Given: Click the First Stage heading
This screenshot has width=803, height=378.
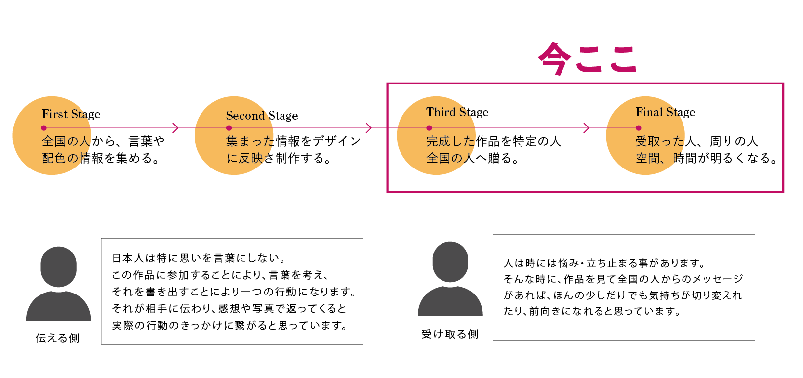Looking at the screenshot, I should tap(71, 114).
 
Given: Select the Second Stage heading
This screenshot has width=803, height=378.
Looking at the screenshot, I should tap(262, 116).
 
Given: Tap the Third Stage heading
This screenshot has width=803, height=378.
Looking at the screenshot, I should tap(457, 112).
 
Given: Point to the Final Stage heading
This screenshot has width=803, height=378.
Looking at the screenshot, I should tap(665, 112).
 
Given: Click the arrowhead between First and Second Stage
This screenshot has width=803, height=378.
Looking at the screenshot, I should tap(175, 128).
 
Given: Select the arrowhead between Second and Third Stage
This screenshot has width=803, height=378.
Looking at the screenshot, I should tap(368, 128).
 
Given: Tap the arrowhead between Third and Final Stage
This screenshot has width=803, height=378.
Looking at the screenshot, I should tap(586, 128).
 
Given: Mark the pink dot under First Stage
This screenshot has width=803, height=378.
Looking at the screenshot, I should tap(44, 128).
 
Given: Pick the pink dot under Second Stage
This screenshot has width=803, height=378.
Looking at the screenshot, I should tap(229, 128).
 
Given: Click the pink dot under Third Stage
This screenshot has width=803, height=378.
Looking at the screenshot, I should tap(429, 128).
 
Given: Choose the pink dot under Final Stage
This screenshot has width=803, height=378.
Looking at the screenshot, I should tap(638, 128).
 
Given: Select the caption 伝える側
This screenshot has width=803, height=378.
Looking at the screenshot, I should tap(57, 338).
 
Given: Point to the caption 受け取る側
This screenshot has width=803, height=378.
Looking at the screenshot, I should tap(449, 335).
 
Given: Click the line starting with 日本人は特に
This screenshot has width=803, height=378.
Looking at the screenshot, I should tap(199, 258).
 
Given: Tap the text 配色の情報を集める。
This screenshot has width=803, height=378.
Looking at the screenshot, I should tap(101, 158).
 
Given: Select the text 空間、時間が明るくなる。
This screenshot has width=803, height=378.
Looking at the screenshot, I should tap(707, 158).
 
